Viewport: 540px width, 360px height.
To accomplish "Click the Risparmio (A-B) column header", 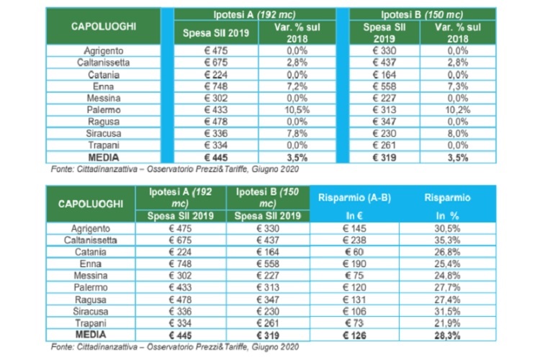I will [352, 197].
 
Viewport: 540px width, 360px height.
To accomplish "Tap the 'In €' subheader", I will [352, 215].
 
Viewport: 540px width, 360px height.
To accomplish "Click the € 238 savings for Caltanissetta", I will [352, 240].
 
